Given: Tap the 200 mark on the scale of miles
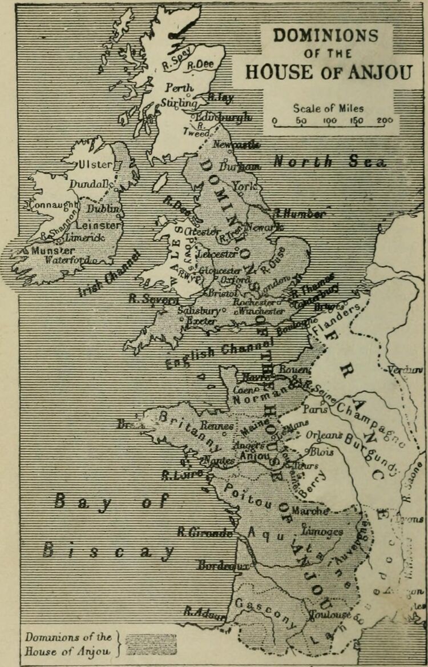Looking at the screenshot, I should pos(385,120).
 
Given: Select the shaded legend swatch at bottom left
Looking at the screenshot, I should pos(151,644).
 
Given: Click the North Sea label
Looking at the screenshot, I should pos(329,162).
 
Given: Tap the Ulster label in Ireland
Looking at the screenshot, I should pos(96,164).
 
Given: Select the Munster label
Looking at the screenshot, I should pos(53,250).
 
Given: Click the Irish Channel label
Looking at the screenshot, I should pos(109,274).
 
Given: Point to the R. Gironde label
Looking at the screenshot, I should pos(204,532).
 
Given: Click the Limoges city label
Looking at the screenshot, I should pos(322,531).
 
